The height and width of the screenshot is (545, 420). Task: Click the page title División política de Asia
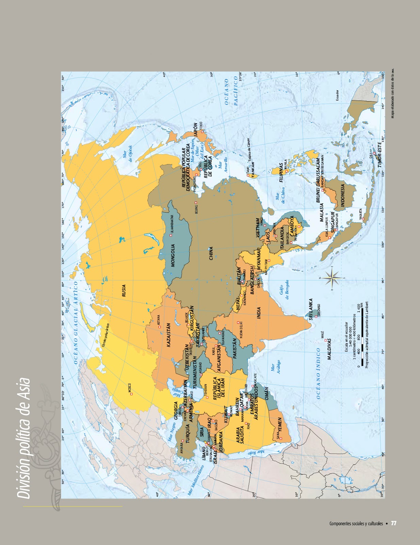(x=24, y=438)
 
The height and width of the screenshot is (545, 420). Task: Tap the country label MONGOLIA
(x=173, y=255)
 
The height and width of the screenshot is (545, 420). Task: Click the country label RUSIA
(x=124, y=291)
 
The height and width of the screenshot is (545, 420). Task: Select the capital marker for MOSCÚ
(x=131, y=394)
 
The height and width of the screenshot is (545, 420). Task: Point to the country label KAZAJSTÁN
(x=168, y=335)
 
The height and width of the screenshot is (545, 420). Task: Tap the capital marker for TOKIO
(x=202, y=131)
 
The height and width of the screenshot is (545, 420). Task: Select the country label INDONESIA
(x=343, y=196)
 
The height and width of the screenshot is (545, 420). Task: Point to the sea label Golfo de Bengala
(x=284, y=290)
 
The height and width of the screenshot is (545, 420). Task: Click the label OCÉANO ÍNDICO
(x=318, y=373)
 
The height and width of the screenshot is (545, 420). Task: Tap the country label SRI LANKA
(x=311, y=309)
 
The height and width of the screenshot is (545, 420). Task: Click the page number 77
(x=393, y=523)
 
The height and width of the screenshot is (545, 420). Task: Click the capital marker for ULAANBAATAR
(x=171, y=235)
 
